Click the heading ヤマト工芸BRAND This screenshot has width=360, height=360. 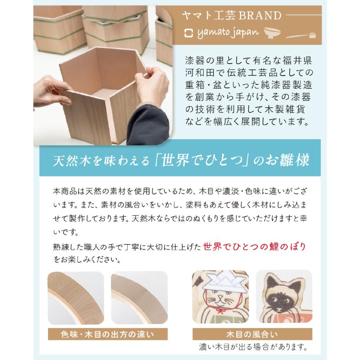[232, 16]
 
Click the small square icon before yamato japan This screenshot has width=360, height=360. [188, 32]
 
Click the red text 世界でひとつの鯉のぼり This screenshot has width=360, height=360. [257, 246]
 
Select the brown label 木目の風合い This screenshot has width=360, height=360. [252, 333]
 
